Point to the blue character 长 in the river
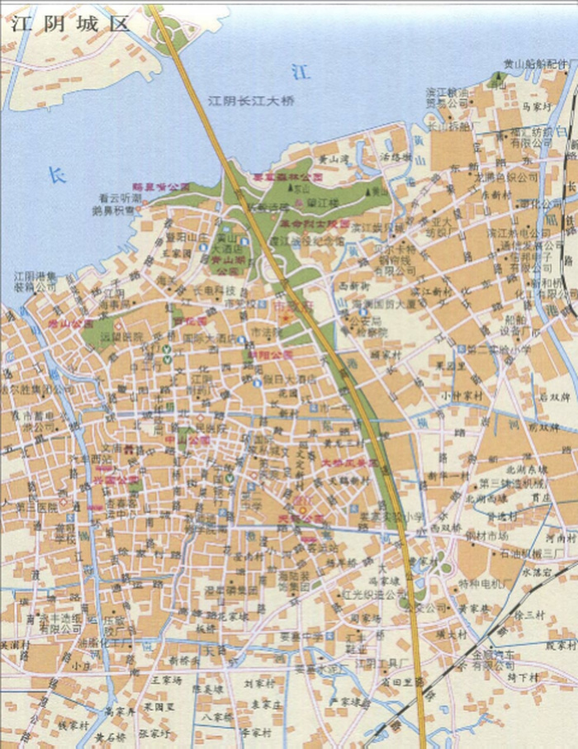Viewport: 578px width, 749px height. [55, 175]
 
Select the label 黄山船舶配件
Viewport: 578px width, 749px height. [536, 64]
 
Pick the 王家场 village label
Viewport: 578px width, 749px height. [166, 679]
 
